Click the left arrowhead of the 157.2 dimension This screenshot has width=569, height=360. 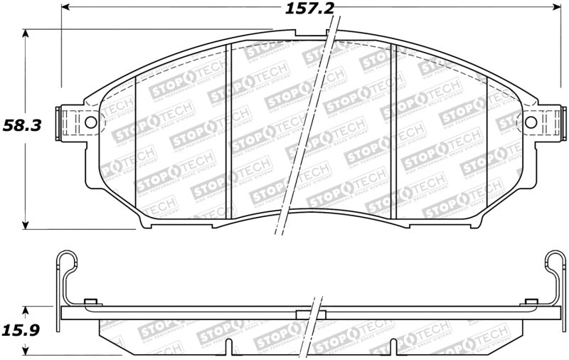pos(66,9)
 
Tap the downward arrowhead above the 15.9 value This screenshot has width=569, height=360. pos(26,310)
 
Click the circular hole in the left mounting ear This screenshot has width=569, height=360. pos(90,122)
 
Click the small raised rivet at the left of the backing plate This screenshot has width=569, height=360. pos(90,302)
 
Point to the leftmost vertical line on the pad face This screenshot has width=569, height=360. pos(135,146)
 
